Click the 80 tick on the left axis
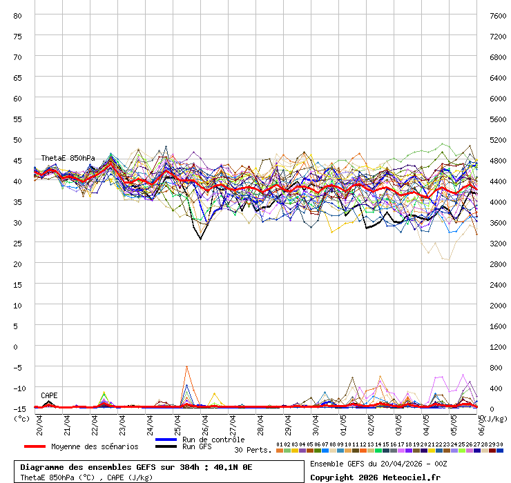(x=18, y=15)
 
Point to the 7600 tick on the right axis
(x=497, y=15)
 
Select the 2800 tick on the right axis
(x=497, y=264)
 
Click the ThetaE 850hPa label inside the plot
(x=68, y=159)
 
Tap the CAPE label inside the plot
(x=49, y=396)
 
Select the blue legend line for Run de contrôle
(x=166, y=440)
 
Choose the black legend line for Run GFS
(x=166, y=447)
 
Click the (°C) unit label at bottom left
(x=22, y=418)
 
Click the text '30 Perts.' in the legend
(x=253, y=450)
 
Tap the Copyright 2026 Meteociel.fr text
(x=375, y=477)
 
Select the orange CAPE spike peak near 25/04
(x=186, y=366)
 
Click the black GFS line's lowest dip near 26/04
(x=201, y=239)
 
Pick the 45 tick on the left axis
(x=18, y=160)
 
